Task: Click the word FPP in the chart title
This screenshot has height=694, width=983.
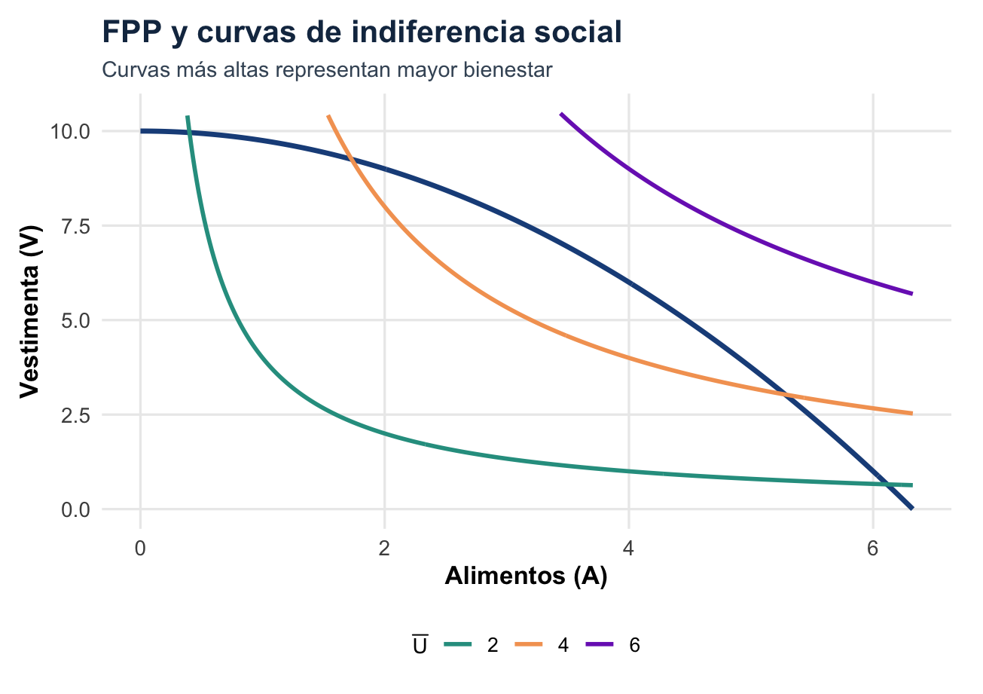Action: (x=127, y=33)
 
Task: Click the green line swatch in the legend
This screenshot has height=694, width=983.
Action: (x=457, y=645)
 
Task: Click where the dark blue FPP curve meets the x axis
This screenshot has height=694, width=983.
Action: (x=912, y=509)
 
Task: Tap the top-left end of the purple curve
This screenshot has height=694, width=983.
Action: (x=560, y=114)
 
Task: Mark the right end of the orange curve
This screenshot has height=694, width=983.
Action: (x=912, y=413)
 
